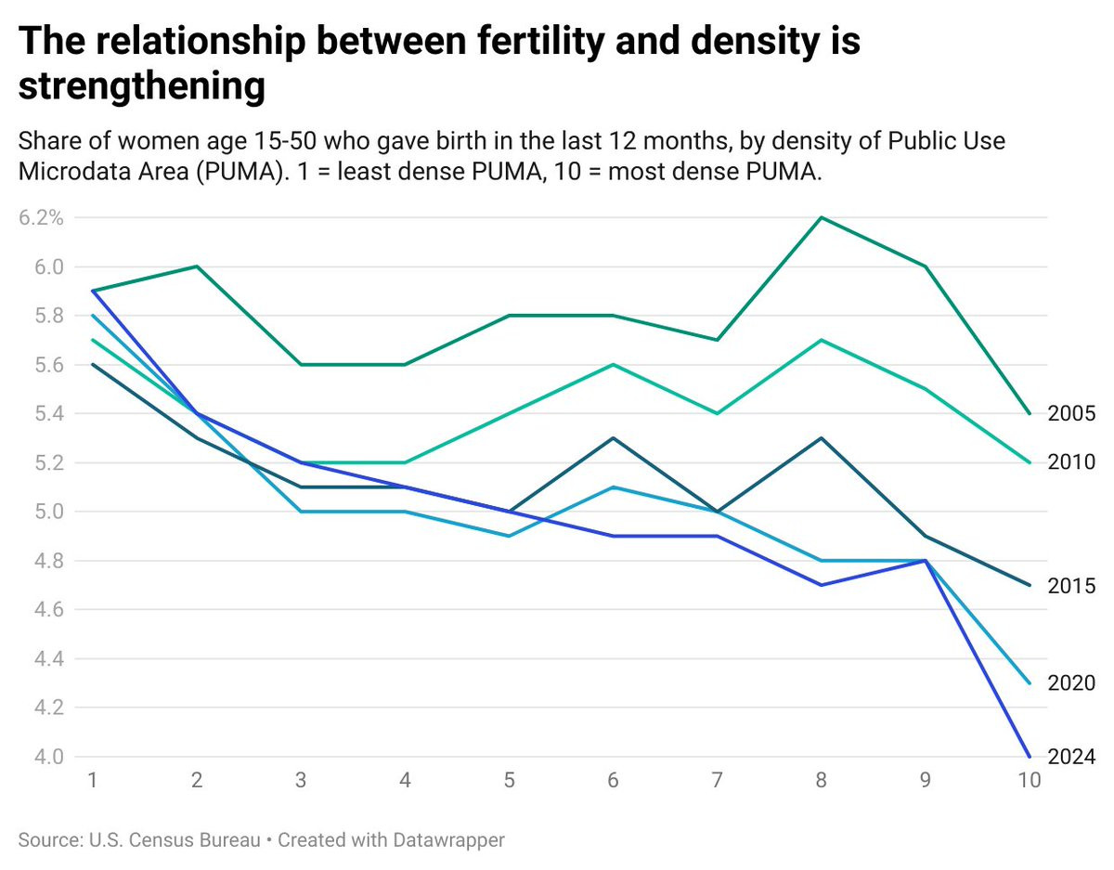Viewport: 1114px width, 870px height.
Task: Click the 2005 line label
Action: (x=1071, y=414)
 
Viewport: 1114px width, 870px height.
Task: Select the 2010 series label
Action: (x=1071, y=462)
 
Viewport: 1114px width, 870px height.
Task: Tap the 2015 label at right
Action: (x=1071, y=586)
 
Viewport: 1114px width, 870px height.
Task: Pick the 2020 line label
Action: (x=1071, y=683)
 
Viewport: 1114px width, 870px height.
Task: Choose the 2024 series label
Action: (x=1071, y=757)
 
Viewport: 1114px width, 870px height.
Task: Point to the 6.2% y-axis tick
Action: (x=40, y=218)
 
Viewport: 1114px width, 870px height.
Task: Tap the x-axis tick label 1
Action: (x=93, y=781)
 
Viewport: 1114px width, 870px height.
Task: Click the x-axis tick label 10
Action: (x=1029, y=781)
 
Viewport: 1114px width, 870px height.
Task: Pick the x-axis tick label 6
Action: (x=614, y=781)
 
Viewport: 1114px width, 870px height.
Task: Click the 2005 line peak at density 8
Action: (x=822, y=218)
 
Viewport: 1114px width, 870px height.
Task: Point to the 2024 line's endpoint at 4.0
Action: (x=1030, y=756)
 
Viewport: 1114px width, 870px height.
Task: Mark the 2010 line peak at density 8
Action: (x=822, y=340)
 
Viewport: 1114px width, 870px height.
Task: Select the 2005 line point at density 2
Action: (x=197, y=266)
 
